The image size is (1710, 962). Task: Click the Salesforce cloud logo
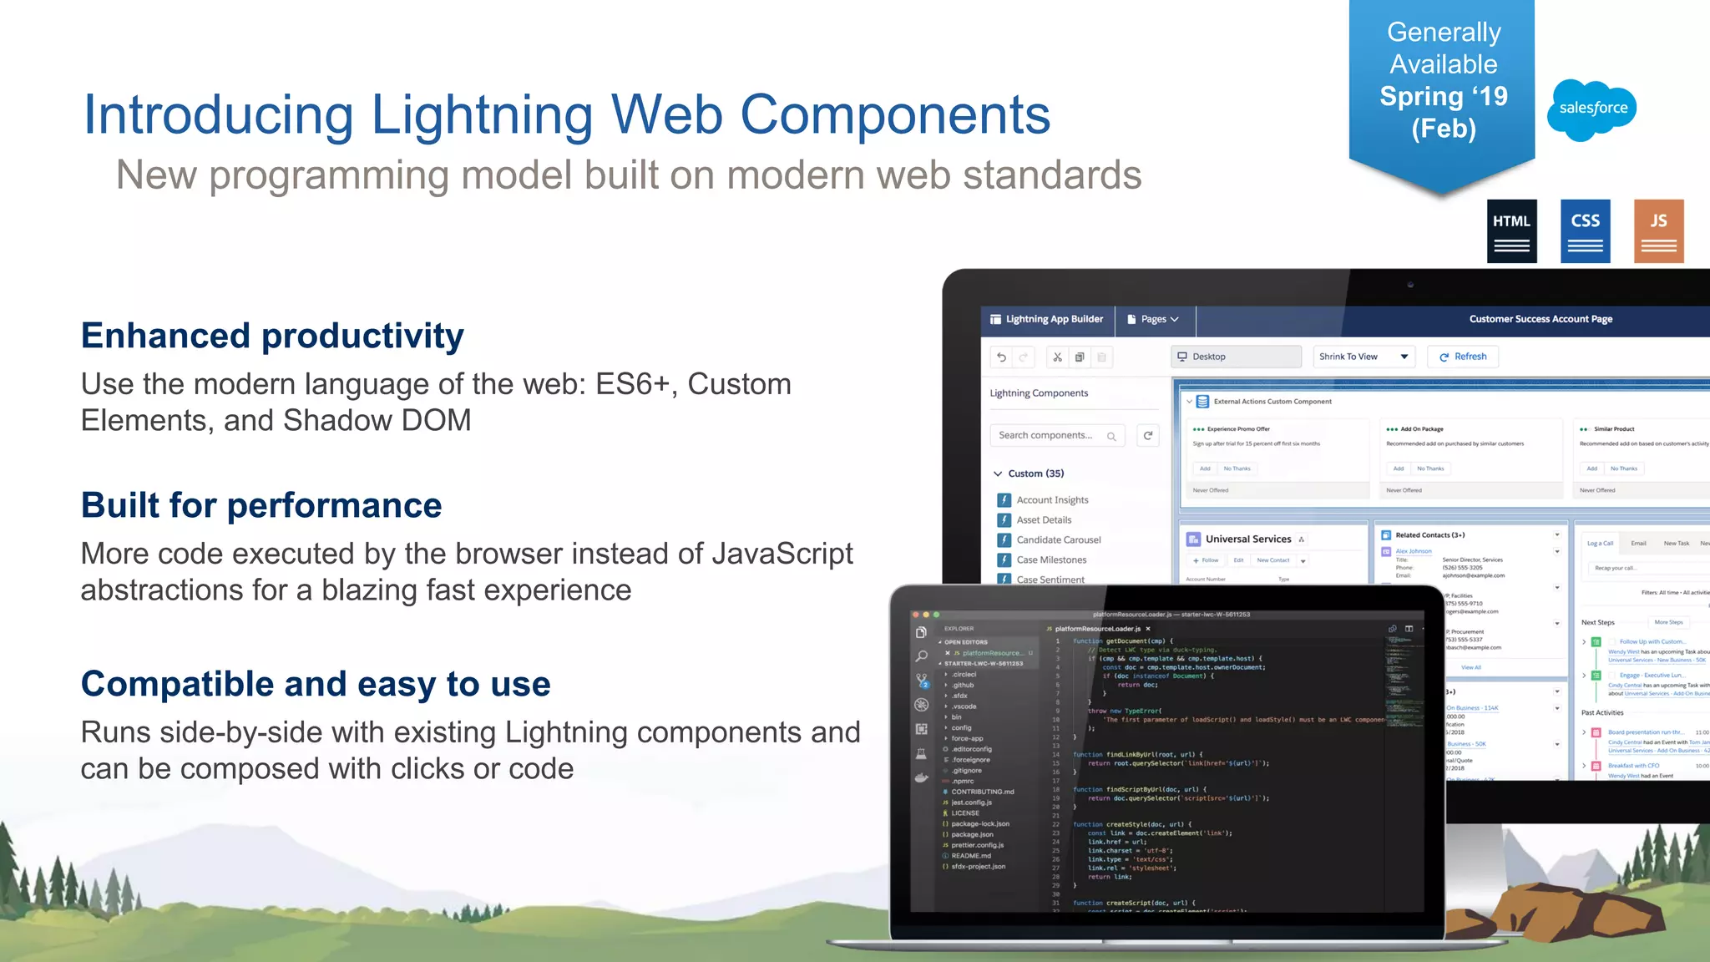[1591, 109]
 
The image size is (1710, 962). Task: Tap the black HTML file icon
[1511, 231]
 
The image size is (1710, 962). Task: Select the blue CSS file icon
[1585, 231]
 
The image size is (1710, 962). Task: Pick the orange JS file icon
[1658, 231]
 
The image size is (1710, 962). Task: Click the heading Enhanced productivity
[272, 336]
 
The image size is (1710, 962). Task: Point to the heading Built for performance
[261, 505]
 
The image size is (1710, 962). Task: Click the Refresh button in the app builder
[1463, 357]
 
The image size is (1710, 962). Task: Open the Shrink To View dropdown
[1363, 357]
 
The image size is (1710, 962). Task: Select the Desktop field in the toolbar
[1236, 357]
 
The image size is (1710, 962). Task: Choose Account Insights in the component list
[1052, 500]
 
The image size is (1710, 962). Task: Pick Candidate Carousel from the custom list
[1058, 540]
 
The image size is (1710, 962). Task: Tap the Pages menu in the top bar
[1153, 319]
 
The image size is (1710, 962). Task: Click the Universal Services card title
[1247, 539]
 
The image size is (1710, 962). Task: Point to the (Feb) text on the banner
[1444, 129]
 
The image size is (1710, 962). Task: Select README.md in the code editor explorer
[970, 856]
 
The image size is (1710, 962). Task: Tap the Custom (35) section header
[1035, 473]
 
